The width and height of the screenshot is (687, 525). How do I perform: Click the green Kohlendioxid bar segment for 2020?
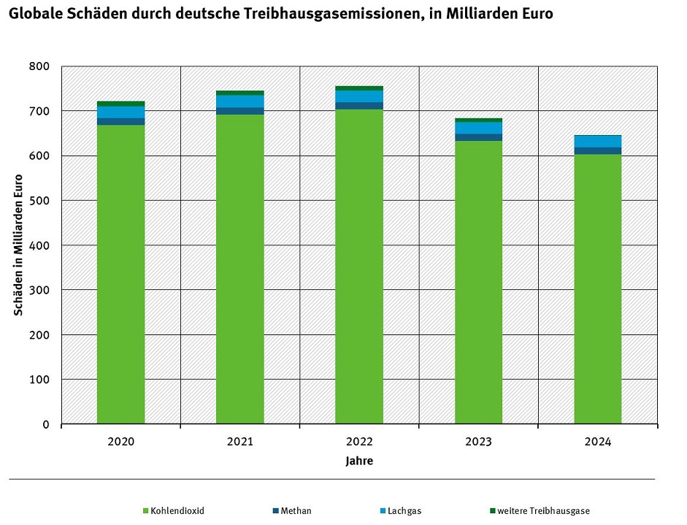coord(120,274)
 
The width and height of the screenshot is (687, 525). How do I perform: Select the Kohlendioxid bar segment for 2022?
coord(359,267)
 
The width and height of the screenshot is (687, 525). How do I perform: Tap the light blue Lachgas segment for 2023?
coord(478,128)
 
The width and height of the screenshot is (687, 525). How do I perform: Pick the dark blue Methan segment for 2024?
coord(598,150)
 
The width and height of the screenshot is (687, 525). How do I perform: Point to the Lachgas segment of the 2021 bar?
coord(240,101)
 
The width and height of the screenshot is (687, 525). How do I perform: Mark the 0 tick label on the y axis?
coord(45,424)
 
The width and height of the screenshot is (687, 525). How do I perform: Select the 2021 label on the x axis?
coord(240,442)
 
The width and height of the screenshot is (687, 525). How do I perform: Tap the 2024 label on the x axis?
coord(598,442)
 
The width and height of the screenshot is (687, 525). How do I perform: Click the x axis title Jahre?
coord(359,461)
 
